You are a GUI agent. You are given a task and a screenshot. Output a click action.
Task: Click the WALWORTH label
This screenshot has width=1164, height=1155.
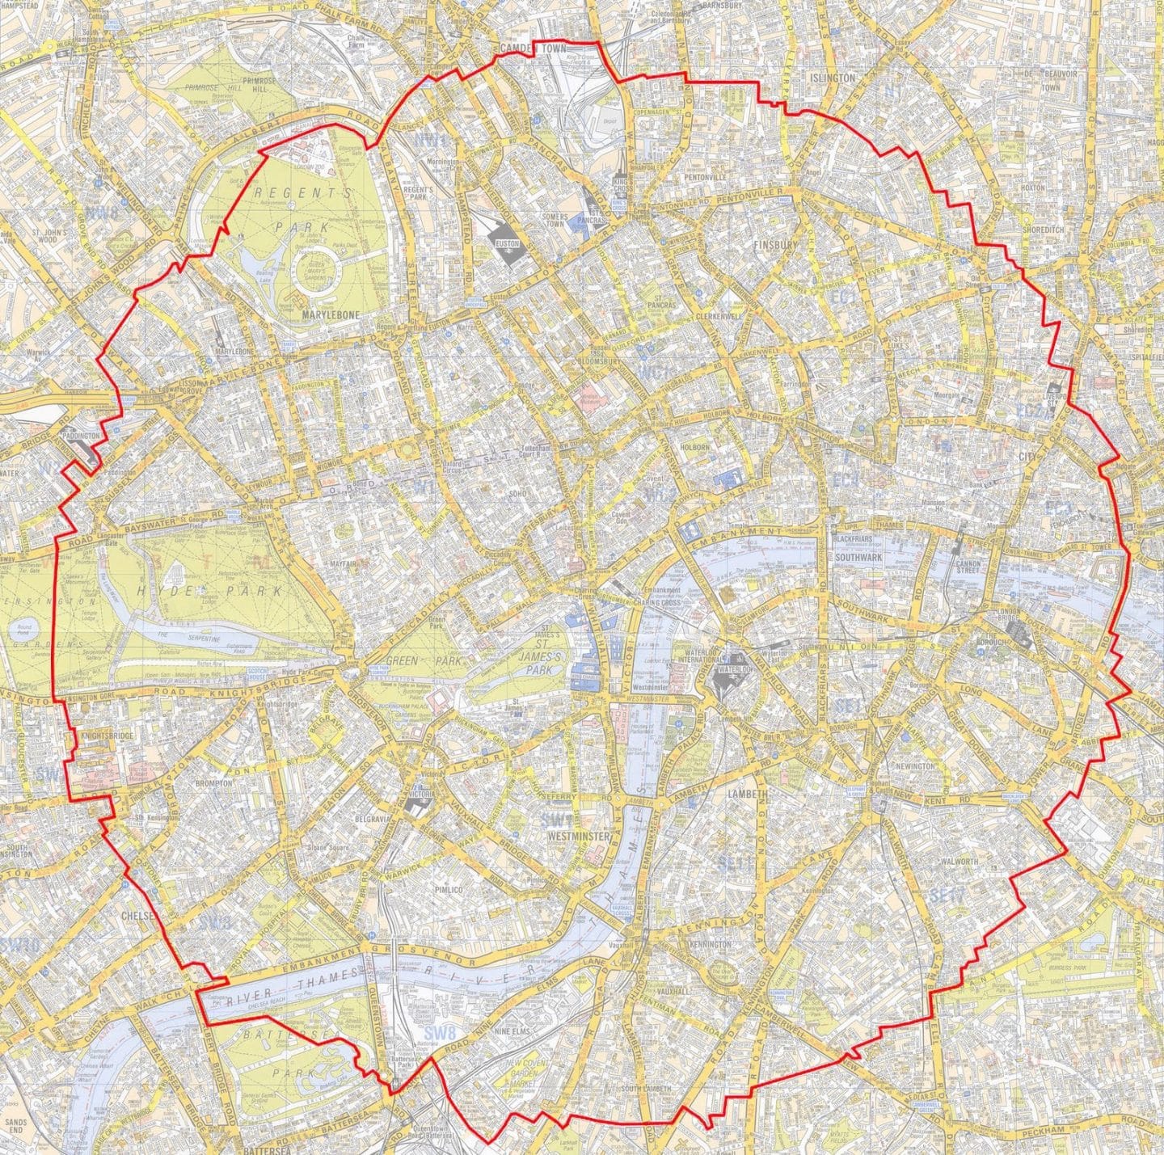(959, 861)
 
